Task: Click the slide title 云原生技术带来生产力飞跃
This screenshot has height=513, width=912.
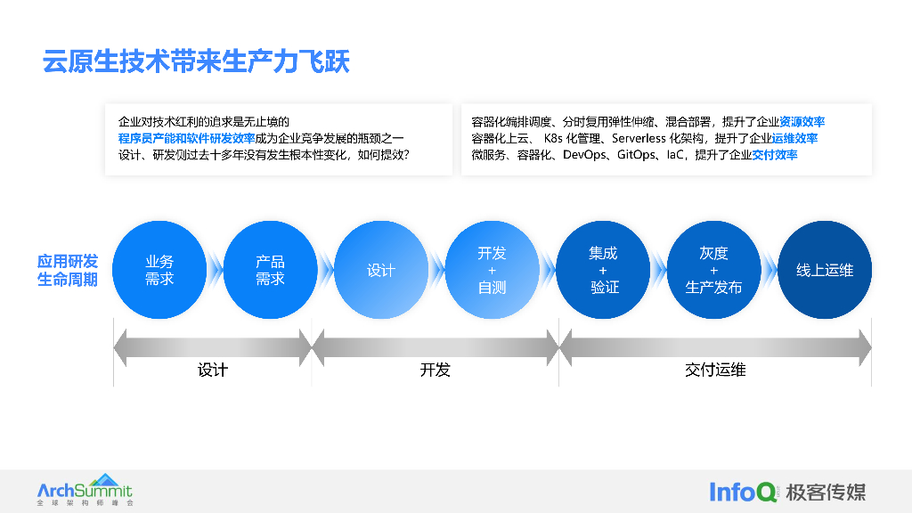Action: (x=196, y=61)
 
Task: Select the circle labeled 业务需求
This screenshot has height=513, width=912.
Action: (x=159, y=270)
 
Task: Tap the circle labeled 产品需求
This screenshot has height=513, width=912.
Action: (x=270, y=270)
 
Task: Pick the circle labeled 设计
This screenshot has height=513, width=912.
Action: (x=380, y=270)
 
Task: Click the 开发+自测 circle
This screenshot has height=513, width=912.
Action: (x=492, y=270)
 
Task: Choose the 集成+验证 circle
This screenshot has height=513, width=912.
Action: (x=603, y=270)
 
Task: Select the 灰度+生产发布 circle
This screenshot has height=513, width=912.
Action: (x=713, y=270)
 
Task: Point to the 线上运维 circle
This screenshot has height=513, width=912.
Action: (x=825, y=270)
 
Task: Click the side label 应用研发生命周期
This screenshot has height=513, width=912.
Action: (x=68, y=270)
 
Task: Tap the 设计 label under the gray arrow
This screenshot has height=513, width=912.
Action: (x=213, y=370)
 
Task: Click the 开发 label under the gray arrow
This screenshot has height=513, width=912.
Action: (x=436, y=370)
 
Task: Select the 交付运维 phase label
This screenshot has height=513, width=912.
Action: (x=715, y=370)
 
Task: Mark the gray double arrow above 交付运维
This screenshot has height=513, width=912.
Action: (x=715, y=346)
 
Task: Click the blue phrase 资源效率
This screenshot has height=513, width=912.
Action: (x=802, y=122)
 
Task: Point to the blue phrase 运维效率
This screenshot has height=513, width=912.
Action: (x=795, y=138)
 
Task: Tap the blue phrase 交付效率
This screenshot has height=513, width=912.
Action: (x=775, y=155)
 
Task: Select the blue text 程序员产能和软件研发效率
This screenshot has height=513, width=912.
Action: (x=186, y=138)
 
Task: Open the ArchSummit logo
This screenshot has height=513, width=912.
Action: (x=85, y=491)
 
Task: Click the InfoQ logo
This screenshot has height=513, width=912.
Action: (x=744, y=491)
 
